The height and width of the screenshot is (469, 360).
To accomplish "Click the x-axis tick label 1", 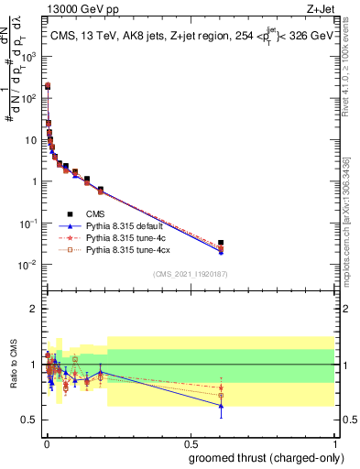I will [x=334, y=442].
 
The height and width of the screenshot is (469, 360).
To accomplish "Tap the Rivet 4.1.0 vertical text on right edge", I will [x=352, y=73].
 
